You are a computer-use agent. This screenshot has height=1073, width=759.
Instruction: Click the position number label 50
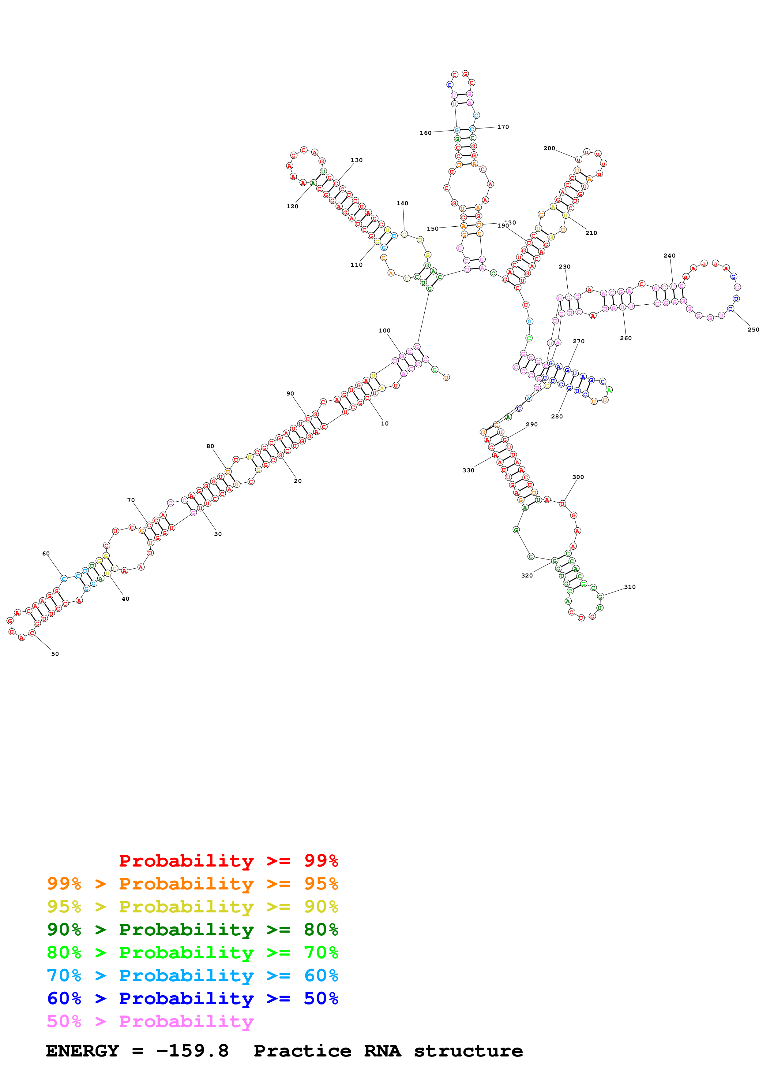55,654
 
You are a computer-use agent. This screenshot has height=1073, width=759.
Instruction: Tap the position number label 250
753,329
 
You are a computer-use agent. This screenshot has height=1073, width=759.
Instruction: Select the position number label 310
629,587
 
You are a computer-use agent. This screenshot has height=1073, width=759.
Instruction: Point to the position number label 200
549,148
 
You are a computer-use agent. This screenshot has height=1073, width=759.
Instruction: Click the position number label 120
292,206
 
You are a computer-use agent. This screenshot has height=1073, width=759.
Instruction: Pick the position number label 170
503,127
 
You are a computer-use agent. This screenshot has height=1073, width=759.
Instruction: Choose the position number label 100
385,330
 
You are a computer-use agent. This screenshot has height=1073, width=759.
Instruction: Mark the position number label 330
468,470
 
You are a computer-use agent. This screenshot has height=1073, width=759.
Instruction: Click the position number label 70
131,500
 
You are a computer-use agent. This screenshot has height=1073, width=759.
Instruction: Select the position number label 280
557,416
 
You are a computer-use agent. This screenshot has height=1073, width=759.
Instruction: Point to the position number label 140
402,203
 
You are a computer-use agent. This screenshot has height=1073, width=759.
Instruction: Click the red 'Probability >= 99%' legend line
228,861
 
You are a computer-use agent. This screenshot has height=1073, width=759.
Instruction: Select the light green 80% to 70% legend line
192,952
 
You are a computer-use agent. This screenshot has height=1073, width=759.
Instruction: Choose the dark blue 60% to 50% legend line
192,998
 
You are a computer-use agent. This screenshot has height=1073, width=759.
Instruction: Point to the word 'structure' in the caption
468,1051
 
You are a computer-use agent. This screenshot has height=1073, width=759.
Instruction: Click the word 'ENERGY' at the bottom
82,1051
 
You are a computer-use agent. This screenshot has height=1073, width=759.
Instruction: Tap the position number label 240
669,256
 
